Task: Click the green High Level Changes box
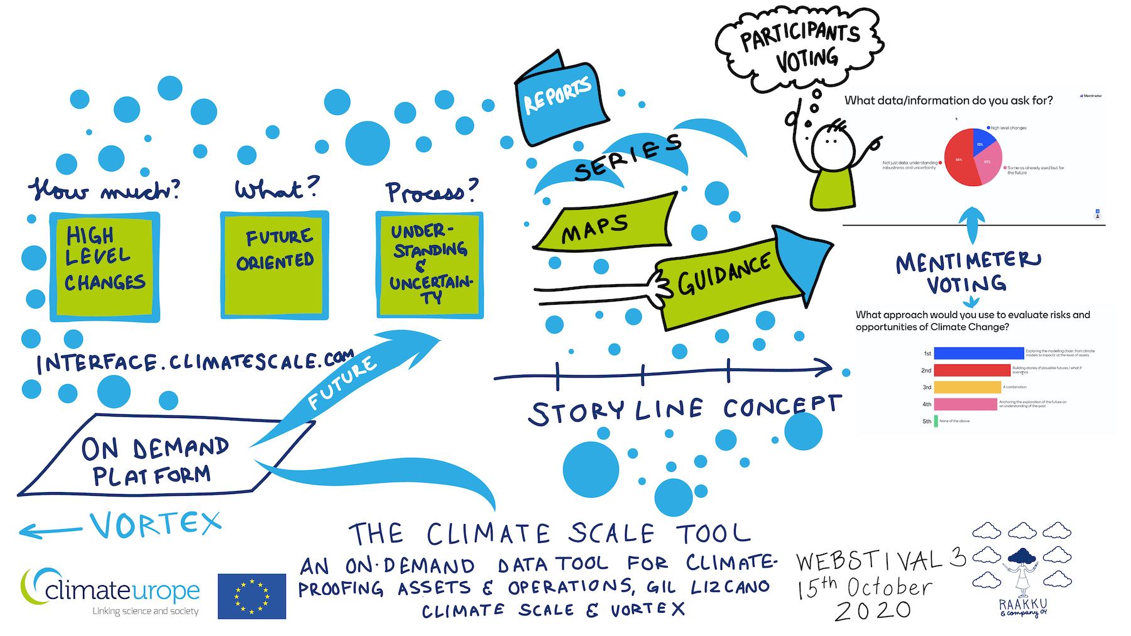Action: click(x=104, y=266)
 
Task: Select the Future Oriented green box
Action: click(x=275, y=265)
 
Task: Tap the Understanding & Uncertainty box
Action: click(x=430, y=265)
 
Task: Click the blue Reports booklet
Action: click(x=560, y=101)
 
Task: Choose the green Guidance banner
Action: click(x=729, y=280)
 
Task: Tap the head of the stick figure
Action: click(x=833, y=148)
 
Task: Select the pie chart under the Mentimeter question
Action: click(x=973, y=157)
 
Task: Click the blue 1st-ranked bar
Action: click(x=978, y=353)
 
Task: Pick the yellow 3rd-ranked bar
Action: click(x=967, y=387)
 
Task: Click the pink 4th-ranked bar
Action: click(x=965, y=404)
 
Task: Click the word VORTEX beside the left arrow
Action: click(x=155, y=525)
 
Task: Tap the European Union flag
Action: click(x=252, y=596)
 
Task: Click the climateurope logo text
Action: click(x=122, y=591)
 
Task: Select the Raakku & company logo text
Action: click(x=1024, y=608)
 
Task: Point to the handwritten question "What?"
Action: click(x=276, y=189)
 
